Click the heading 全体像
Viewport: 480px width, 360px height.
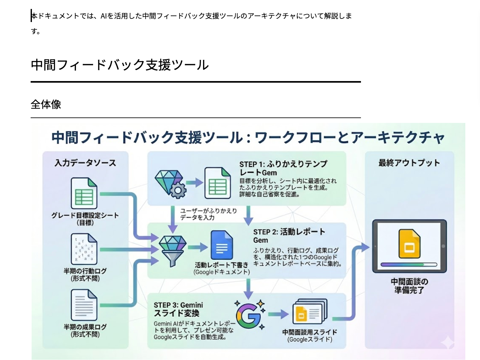pos(46,104)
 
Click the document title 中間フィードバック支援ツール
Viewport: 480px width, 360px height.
pos(120,65)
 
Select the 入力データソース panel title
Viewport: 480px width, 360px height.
pos(85,163)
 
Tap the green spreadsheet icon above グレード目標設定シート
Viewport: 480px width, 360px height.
pos(84,193)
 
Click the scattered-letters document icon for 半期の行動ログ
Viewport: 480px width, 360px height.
pos(84,249)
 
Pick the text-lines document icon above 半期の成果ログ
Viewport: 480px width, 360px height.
pos(84,305)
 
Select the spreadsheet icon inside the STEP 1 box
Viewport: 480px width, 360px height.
pos(217,183)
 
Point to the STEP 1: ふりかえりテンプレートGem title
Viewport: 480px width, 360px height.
pos(283,168)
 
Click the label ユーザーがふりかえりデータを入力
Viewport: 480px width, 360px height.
pos(208,214)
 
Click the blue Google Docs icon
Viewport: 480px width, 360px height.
pos(221,245)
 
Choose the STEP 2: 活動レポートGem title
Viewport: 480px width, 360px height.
pos(289,236)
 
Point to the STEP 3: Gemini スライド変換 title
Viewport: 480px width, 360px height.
pos(178,309)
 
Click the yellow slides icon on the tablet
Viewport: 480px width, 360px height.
pos(409,244)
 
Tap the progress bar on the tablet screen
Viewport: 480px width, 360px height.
pos(409,265)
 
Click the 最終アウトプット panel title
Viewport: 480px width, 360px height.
pos(409,163)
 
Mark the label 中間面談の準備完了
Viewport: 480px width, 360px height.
pos(409,286)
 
